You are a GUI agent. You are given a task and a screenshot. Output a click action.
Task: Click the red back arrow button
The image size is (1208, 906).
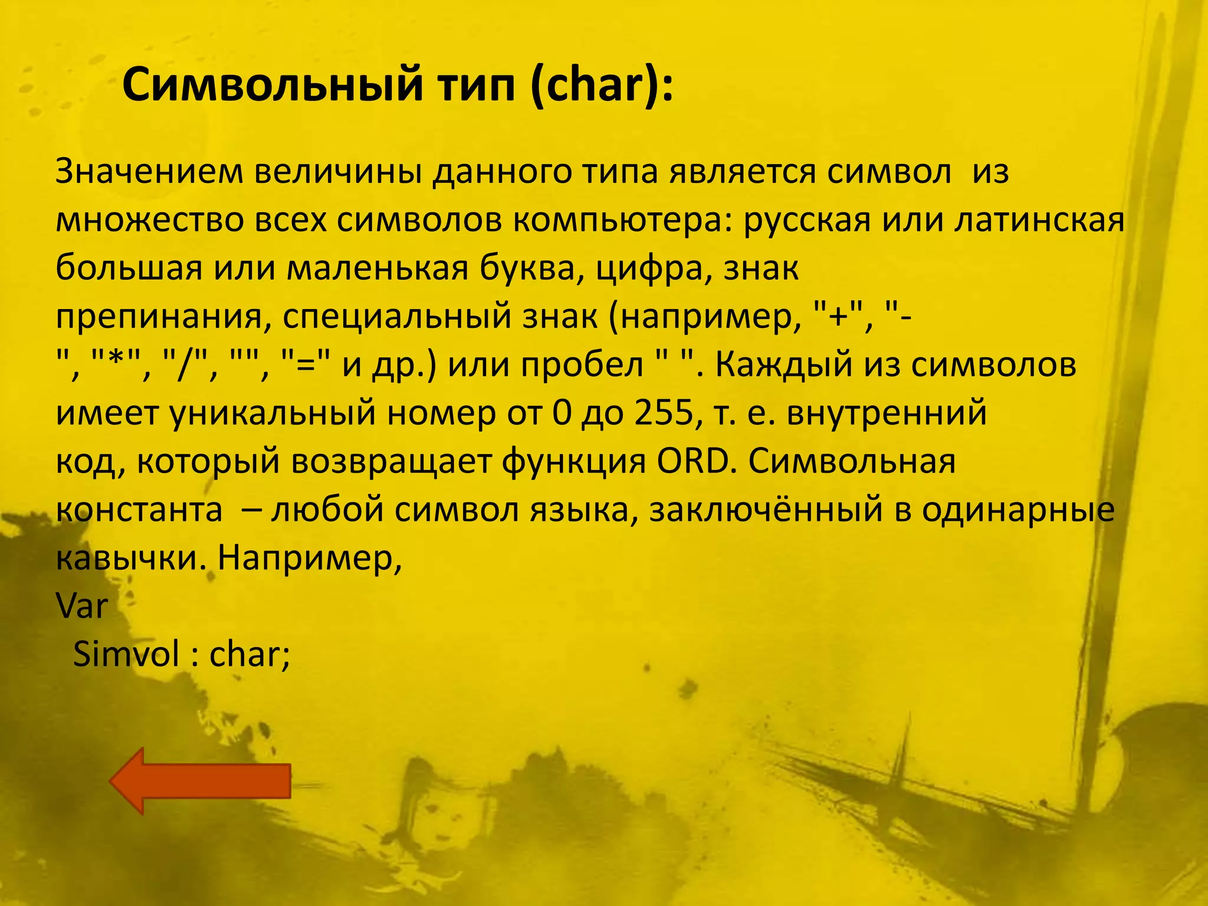(199, 781)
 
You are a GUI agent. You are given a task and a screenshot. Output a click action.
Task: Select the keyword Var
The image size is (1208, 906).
(82, 606)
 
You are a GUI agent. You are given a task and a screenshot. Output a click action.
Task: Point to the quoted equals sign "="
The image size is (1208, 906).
(310, 365)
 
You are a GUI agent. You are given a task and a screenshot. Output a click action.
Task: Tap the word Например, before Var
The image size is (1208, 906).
(310, 558)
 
